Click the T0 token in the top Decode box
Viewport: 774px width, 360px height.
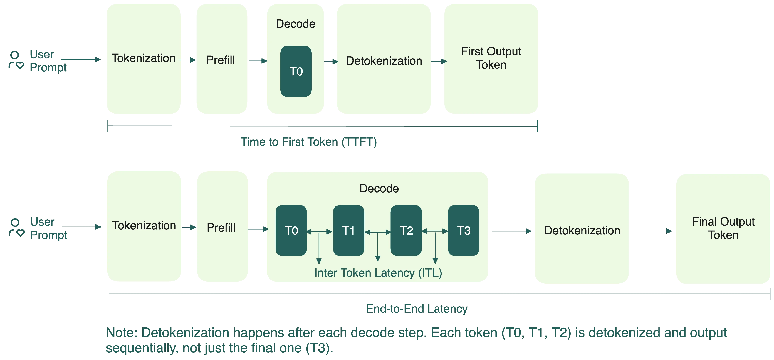[x=296, y=72]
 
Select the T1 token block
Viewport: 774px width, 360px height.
[x=349, y=231]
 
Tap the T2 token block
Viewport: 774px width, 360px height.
[x=406, y=231]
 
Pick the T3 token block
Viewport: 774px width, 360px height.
[x=464, y=231]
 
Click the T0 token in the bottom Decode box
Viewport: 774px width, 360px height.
[x=291, y=231]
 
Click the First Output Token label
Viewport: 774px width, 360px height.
[x=491, y=58]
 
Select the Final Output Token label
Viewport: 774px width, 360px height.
[x=723, y=228]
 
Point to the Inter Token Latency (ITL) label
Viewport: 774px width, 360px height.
[x=378, y=273]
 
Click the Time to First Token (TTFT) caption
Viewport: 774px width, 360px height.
[x=309, y=142]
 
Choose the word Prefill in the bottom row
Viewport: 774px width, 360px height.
[x=221, y=228]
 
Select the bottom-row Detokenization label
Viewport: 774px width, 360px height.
[x=582, y=231]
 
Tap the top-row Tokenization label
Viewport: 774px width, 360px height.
[x=143, y=58]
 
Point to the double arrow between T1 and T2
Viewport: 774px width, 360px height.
[x=378, y=232]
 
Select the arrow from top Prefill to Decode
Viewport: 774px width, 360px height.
[x=258, y=61]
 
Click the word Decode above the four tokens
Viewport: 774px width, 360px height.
[x=379, y=188]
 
